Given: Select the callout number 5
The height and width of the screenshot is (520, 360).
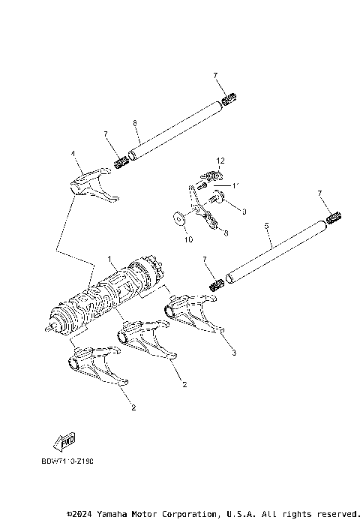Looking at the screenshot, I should pyautogui.click(x=267, y=224).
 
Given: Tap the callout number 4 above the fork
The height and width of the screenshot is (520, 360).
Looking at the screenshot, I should pyautogui.click(x=73, y=153).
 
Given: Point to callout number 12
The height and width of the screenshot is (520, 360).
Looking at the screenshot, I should pyautogui.click(x=220, y=161).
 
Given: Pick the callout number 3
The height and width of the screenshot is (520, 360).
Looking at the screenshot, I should pyautogui.click(x=234, y=351).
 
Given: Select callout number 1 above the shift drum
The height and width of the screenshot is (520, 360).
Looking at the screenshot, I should pyautogui.click(x=109, y=259).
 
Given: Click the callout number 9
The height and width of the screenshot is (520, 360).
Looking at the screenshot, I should pyautogui.click(x=242, y=212).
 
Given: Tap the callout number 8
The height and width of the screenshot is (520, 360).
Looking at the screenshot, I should pyautogui.click(x=226, y=233).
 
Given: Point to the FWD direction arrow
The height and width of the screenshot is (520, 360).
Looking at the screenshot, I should pyautogui.click(x=64, y=440).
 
